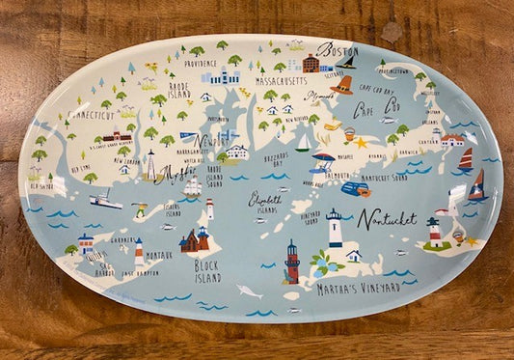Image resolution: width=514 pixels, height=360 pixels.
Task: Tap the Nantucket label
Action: point(387,219)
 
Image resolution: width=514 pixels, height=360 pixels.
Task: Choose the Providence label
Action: point(201,63)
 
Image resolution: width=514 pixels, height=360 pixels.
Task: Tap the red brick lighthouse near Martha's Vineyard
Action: point(291,261)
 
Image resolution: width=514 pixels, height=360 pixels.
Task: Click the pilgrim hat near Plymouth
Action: point(342,87)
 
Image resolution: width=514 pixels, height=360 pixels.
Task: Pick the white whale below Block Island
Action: point(250,291)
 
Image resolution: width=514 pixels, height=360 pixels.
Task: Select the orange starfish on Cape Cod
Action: point(361,142)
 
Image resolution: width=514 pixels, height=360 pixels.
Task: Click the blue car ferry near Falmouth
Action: point(354,189)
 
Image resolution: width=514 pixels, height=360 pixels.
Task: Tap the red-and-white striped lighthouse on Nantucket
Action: point(434,232)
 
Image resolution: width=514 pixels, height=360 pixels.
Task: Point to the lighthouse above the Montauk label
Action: point(139,251)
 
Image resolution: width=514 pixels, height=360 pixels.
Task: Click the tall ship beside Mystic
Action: point(192,184)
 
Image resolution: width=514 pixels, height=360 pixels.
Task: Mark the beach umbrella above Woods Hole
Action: point(323,159)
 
